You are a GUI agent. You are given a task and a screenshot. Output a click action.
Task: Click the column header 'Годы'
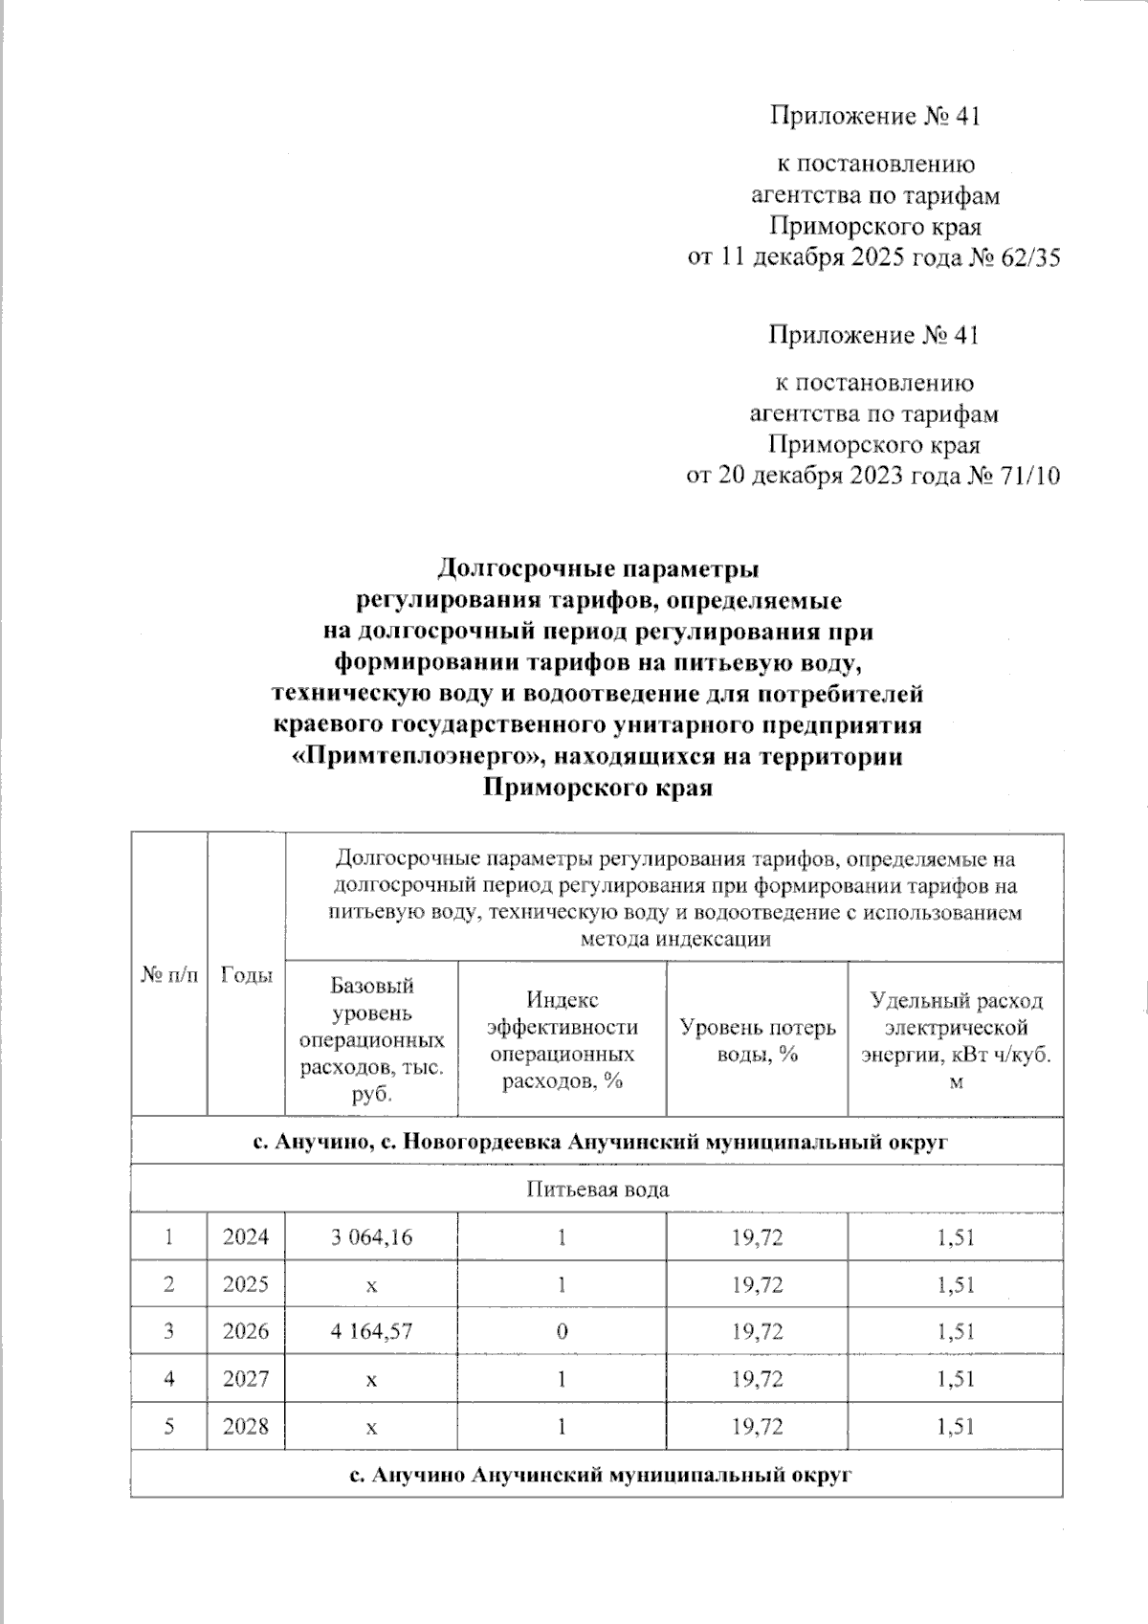coord(246,975)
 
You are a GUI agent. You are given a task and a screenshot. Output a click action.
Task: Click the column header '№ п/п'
coord(169,975)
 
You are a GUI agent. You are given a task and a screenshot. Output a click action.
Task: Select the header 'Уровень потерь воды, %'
coord(757,1039)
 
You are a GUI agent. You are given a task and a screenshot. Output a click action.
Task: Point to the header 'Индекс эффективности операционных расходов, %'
coord(562,1039)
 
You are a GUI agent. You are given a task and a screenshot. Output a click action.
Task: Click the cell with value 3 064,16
coord(371,1237)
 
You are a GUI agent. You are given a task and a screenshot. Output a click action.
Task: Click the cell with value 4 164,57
coord(371,1331)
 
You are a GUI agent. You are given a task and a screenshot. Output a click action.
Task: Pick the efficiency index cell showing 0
coord(562,1331)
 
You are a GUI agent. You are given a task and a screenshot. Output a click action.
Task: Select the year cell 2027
coord(246,1379)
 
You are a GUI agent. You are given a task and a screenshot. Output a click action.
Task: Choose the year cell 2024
coord(246,1237)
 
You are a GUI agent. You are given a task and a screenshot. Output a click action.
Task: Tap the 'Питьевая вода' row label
coord(597,1190)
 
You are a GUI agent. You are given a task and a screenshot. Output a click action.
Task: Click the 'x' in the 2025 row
coord(371,1285)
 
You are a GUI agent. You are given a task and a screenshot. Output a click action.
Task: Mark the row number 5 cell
coord(169,1427)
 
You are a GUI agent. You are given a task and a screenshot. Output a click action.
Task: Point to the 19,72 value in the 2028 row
coord(757,1427)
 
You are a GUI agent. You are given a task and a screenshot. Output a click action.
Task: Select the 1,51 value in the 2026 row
coord(955,1331)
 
